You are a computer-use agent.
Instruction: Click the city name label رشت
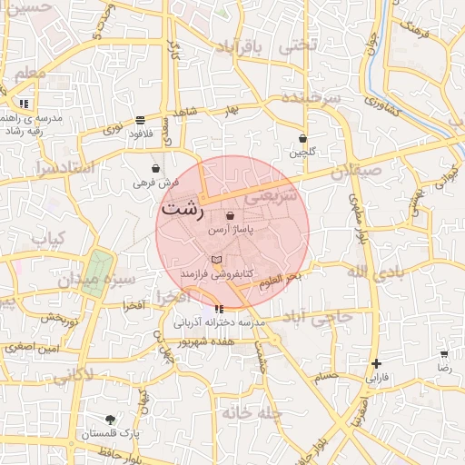pyautogui.click(x=182, y=208)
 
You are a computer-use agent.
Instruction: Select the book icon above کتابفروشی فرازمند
pyautogui.click(x=216, y=260)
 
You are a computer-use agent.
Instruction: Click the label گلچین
pyautogui.click(x=302, y=153)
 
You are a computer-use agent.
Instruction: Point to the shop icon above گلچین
pyautogui.click(x=302, y=139)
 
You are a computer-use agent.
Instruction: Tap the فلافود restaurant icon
pyautogui.click(x=140, y=120)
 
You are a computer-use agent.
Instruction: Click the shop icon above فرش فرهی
pyautogui.click(x=155, y=168)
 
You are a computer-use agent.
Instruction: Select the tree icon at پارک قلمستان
pyautogui.click(x=110, y=420)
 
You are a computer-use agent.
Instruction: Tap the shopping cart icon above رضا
pyautogui.click(x=443, y=354)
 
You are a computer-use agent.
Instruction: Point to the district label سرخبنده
pyautogui.click(x=309, y=96)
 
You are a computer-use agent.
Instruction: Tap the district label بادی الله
pyautogui.click(x=373, y=272)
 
